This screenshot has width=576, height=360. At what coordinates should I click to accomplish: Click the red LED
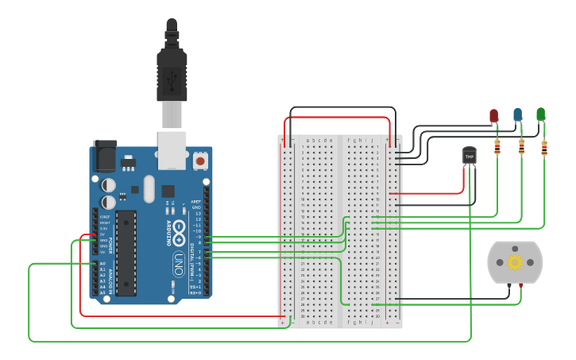point(493,116)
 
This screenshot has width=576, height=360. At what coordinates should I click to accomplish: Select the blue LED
point(518,115)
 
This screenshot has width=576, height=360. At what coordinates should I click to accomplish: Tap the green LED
point(541,114)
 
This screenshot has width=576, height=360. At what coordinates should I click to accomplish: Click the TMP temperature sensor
point(470,157)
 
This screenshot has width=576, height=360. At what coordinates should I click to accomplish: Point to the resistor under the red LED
point(497,146)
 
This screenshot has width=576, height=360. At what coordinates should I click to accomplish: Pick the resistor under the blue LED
point(521,146)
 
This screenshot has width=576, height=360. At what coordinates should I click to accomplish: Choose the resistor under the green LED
point(544,147)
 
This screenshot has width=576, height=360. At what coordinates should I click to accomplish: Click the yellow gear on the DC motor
point(515,261)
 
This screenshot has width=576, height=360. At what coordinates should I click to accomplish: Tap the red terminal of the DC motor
point(520,285)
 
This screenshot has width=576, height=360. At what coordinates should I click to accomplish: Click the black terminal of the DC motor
point(509,285)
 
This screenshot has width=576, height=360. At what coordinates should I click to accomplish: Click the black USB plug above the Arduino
point(172,68)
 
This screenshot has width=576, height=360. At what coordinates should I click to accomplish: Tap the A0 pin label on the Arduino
point(102,263)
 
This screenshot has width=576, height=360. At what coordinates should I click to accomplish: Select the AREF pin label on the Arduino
point(196,202)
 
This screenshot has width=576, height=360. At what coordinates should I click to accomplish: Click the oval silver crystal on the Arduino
point(149,189)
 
